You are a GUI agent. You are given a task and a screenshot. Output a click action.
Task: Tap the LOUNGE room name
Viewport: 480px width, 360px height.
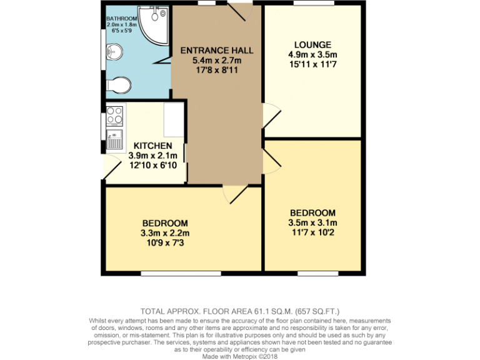(x=312, y=44)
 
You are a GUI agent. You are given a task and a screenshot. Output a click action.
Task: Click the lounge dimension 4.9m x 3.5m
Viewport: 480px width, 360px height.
(x=312, y=54)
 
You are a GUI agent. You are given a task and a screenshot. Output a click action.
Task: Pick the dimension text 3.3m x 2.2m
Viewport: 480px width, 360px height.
(x=165, y=233)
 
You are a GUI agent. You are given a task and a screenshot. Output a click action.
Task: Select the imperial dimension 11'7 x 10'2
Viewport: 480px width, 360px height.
(x=312, y=232)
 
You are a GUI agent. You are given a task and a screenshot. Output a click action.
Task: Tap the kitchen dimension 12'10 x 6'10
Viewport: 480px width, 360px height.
(x=152, y=165)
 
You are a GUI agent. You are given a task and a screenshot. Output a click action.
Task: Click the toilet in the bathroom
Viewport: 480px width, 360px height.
(x=119, y=85)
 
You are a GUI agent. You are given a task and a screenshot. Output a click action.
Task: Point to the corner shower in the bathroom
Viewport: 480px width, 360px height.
(x=154, y=24)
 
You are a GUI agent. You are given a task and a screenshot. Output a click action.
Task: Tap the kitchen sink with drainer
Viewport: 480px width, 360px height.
(x=115, y=139)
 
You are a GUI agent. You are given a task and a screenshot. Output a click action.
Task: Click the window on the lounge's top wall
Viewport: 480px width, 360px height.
(x=313, y=4)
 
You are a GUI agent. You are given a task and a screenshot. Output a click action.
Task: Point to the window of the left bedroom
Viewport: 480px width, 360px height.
(x=180, y=273)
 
